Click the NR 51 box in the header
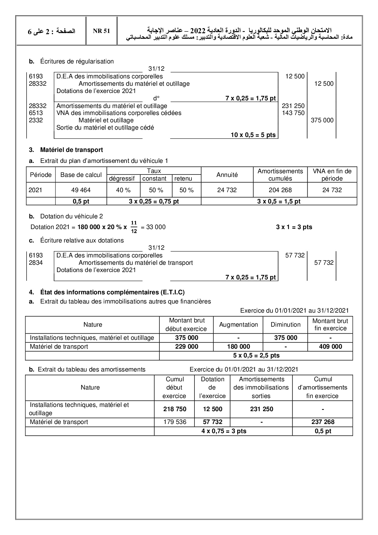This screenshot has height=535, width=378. [x=102, y=31]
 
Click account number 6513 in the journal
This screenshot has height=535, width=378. [x=36, y=113]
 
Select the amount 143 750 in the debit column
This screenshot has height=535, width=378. [x=293, y=113]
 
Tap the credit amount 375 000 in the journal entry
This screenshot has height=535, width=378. [x=322, y=120]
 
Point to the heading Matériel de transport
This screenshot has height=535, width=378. [x=71, y=150]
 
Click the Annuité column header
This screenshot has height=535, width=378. [x=227, y=175]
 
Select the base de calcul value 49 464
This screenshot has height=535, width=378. [x=81, y=190]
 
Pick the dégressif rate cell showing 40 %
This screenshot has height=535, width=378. [x=123, y=190]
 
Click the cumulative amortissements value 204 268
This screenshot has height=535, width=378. [x=280, y=190]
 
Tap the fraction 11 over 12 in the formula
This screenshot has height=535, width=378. [x=134, y=227]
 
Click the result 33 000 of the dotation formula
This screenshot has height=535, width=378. [x=156, y=227]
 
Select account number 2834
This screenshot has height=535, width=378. [x=36, y=263]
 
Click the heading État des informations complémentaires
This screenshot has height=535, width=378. [x=112, y=292]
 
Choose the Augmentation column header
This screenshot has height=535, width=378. [x=238, y=325]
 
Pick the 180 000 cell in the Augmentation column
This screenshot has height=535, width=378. [x=238, y=347]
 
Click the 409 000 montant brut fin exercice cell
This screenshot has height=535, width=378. [x=330, y=347]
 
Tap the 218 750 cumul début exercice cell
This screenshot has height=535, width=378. [x=175, y=409]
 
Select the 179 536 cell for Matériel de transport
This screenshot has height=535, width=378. [x=175, y=422]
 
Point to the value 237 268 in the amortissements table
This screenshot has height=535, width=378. [x=323, y=422]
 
